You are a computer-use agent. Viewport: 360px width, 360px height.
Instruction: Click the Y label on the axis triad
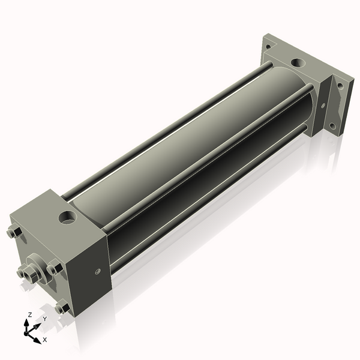click(x=44, y=319)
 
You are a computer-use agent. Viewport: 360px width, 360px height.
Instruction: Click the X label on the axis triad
click(x=45, y=339)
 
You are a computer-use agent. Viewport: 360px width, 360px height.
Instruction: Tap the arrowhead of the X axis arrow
click(x=38, y=336)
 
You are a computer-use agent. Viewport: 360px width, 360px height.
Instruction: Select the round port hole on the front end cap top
click(x=67, y=215)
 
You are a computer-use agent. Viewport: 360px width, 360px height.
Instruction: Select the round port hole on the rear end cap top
click(x=297, y=62)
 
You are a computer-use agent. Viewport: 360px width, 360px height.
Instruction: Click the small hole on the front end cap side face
click(x=97, y=271)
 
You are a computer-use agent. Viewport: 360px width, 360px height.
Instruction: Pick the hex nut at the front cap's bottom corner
click(x=62, y=308)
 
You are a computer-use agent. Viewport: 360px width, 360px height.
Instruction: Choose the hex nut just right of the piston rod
click(x=55, y=268)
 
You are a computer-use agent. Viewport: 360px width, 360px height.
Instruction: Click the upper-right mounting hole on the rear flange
click(x=340, y=85)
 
